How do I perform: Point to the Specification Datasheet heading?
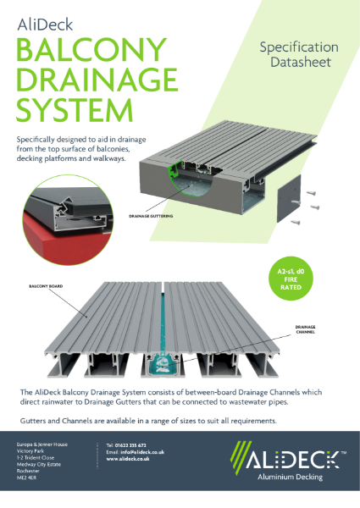click(x=298, y=55)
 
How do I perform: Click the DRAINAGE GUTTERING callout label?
click(x=152, y=217)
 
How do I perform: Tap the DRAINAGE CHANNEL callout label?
click(x=307, y=329)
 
